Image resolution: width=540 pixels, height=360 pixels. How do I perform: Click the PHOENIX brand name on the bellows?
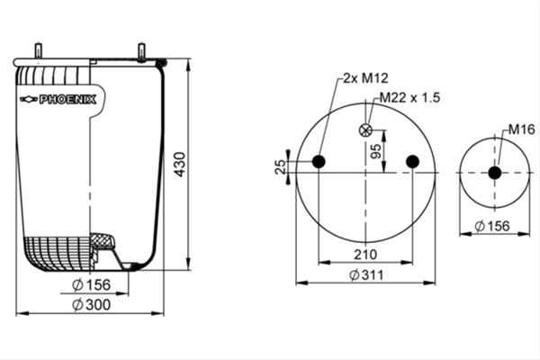(67, 100)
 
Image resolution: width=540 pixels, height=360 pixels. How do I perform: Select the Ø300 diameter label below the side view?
(92, 304)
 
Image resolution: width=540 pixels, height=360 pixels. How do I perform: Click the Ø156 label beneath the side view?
(92, 284)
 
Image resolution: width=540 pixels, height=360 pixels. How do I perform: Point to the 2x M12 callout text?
(365, 78)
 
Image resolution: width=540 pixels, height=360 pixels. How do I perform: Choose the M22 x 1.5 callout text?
(409, 97)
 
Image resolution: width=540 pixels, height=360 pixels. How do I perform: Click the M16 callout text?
(522, 130)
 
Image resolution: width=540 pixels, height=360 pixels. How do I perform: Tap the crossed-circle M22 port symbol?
(365, 130)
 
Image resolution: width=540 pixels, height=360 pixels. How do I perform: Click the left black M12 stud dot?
(319, 161)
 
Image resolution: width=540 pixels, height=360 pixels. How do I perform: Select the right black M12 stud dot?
(412, 161)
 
